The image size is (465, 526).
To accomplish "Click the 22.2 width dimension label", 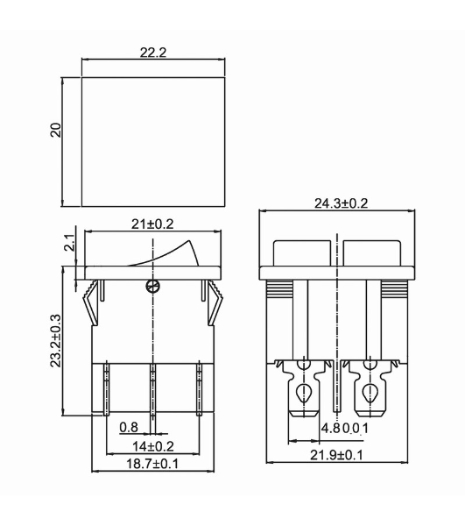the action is [153, 53].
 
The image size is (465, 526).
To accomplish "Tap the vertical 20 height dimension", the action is [56, 130].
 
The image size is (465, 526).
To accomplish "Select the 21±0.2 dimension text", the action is [152, 224].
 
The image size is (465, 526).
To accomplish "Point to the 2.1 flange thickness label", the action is [70, 243].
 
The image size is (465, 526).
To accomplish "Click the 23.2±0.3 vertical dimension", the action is [56, 340].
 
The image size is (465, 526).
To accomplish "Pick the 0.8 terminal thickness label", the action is [129, 427].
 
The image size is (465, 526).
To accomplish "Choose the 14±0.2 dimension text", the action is [153, 446].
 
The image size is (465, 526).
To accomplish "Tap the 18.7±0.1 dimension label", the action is [152, 464].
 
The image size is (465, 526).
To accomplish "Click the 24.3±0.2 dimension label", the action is [341, 203].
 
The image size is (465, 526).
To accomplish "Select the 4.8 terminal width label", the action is [331, 429].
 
